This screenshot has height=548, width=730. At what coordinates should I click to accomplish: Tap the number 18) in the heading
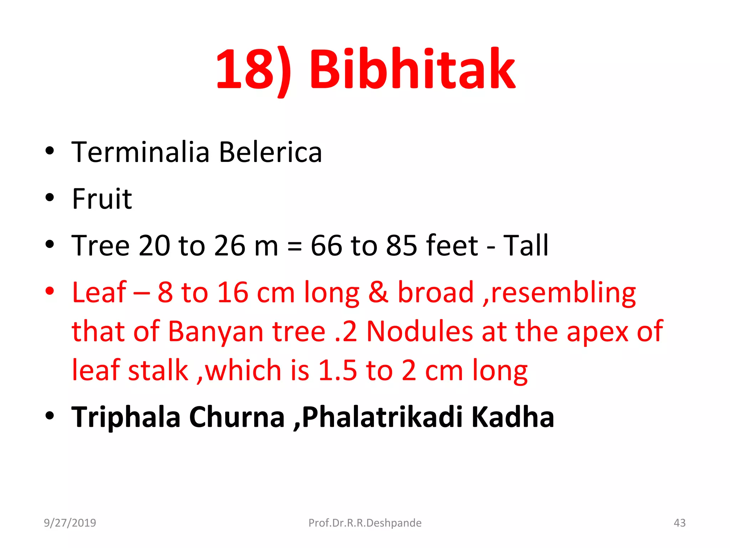254,70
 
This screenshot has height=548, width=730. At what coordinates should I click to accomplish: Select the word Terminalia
140,152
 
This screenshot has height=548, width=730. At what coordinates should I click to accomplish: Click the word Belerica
270,152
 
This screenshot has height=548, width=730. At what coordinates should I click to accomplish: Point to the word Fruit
102,199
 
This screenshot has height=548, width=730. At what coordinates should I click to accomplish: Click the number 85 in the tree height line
402,245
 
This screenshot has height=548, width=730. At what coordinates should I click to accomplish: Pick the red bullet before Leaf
50,291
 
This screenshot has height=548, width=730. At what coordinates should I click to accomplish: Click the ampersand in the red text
378,293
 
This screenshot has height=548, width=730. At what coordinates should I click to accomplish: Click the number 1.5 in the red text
337,371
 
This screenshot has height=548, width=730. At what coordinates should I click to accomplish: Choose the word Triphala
126,417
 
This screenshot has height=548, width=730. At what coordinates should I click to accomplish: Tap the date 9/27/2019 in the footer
70,523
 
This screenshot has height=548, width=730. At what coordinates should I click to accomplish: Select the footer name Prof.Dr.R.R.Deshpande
365,523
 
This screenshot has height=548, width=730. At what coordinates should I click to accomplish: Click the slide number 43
679,523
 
